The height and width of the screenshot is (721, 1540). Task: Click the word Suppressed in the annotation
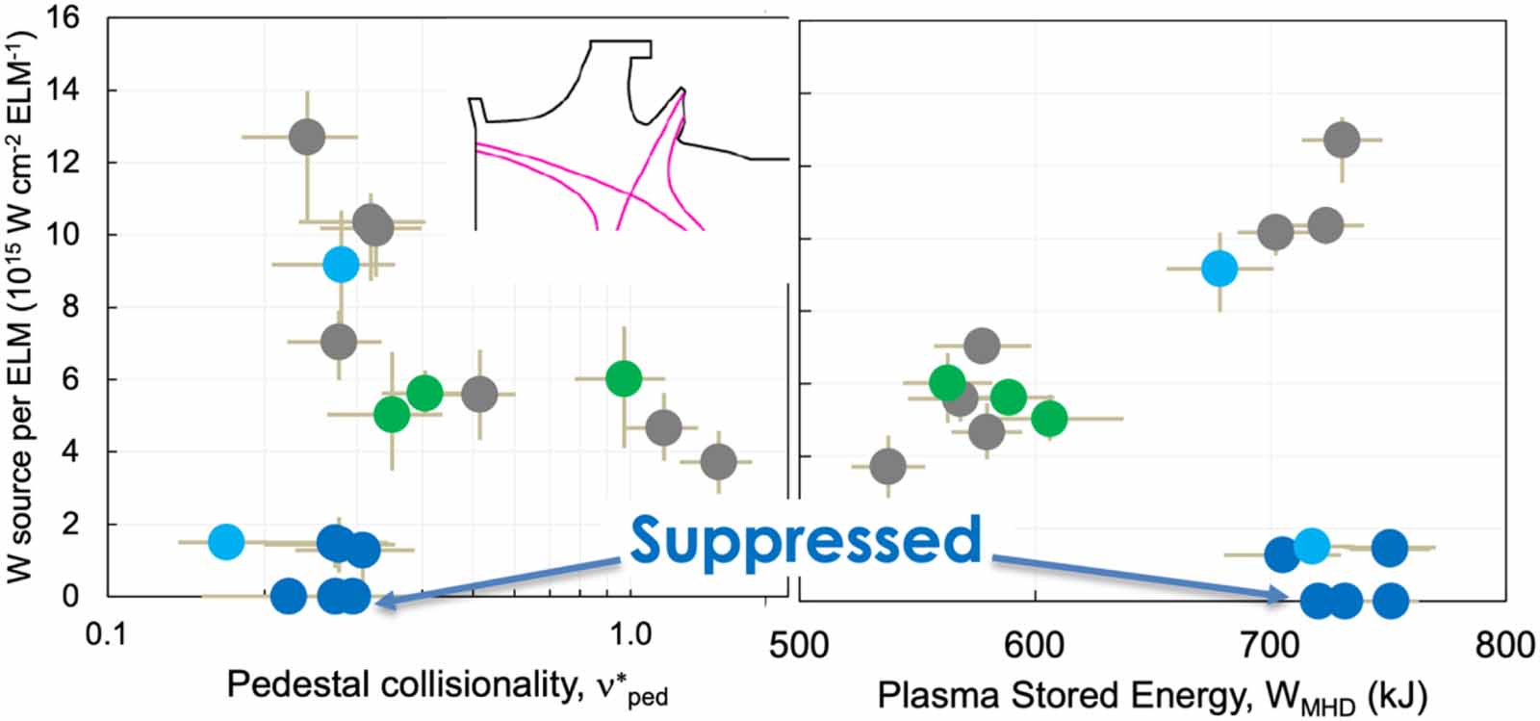[807, 541]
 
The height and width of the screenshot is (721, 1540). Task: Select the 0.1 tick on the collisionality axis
[107, 636]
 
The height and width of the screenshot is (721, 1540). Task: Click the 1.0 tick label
[629, 636]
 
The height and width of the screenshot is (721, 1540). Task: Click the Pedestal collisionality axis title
[448, 685]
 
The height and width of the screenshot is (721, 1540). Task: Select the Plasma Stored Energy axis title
[1152, 696]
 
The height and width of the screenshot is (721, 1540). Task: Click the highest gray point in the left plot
[307, 137]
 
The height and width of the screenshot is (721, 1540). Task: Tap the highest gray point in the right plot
[1342, 140]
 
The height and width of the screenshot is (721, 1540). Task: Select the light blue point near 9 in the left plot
[341, 264]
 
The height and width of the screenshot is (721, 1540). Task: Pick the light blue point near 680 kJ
[1219, 268]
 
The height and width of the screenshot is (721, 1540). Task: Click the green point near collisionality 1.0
[624, 378]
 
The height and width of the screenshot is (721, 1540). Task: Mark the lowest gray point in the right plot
[887, 467]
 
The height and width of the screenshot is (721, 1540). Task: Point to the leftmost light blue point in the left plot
[226, 541]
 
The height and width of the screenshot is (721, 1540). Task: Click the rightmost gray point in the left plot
[718, 462]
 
